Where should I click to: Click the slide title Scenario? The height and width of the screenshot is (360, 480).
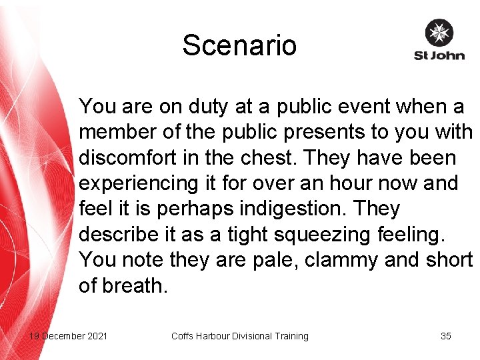click(x=239, y=45)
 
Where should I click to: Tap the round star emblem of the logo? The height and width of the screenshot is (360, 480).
click(x=439, y=33)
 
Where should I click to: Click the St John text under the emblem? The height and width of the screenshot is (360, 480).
click(x=439, y=55)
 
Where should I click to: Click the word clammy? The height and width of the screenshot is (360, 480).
click(x=342, y=261)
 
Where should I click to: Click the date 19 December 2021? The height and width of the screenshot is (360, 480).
click(x=68, y=336)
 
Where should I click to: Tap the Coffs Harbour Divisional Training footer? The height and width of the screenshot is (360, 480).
click(x=240, y=336)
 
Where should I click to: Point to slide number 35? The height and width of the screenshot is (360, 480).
click(x=446, y=336)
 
